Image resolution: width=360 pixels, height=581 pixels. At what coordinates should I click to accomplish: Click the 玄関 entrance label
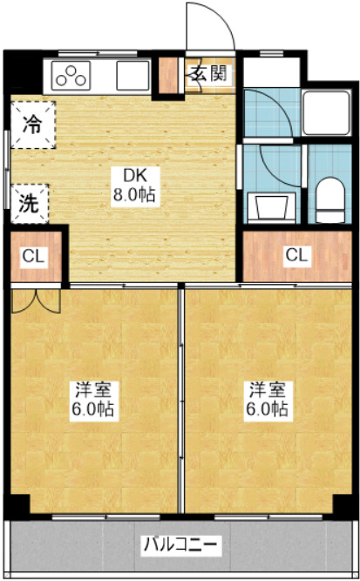pyautogui.click(x=207, y=74)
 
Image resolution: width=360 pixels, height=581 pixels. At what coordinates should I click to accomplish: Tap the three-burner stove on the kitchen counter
pyautogui.click(x=72, y=76)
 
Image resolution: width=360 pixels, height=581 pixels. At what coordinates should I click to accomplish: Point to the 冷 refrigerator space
pyautogui.click(x=31, y=124)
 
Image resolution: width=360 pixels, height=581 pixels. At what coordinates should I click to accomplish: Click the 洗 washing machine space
pyautogui.click(x=30, y=204)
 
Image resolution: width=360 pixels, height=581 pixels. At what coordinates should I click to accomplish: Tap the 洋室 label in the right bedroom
pyautogui.click(x=266, y=390)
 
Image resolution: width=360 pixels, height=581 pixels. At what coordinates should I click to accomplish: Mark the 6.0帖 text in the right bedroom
pyautogui.click(x=266, y=409)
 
